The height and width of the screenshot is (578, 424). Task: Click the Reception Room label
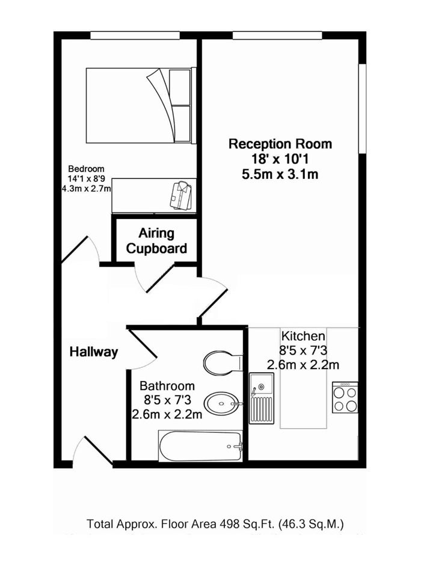[280, 144]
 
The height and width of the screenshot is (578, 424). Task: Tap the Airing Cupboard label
[156, 241]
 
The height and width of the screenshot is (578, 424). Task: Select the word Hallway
[94, 352]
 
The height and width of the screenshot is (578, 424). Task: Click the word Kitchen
[303, 336]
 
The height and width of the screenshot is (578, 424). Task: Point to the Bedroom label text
[86, 169]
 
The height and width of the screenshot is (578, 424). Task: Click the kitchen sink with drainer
[262, 398]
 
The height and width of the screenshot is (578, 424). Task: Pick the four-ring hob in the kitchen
[345, 397]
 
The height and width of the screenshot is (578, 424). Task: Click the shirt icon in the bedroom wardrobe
[180, 196]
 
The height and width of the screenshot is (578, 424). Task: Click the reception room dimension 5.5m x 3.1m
[280, 173]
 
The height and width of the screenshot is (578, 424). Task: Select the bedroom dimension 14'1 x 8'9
[86, 179]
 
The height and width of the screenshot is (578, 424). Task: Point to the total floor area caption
[215, 524]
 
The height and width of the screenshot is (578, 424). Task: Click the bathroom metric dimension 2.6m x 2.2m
[167, 414]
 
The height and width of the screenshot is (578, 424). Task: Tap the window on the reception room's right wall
[363, 108]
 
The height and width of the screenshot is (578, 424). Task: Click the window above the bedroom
[135, 36]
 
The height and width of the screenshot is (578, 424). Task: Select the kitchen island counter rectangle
[303, 378]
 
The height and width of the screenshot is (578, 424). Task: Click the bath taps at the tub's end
[238, 446]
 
